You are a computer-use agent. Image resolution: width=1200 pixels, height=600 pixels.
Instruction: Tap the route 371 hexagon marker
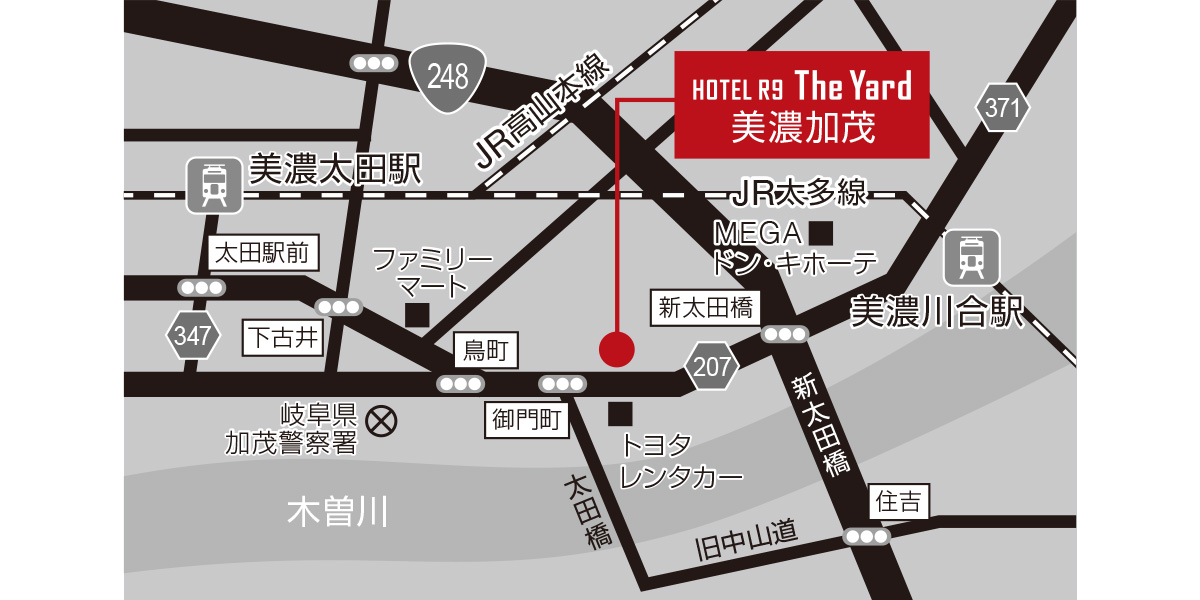coord(1001,109)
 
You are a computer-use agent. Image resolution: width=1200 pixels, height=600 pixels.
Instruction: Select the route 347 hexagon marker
coord(192,336)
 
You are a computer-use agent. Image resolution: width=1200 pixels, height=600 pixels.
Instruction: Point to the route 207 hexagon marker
coord(712,366)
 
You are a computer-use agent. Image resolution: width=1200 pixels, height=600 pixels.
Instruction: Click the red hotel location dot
coord(617,348)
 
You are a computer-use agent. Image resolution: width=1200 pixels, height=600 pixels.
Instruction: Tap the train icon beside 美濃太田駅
coord(213,185)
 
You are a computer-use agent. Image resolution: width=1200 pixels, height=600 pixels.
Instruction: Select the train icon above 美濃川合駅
coord(970,257)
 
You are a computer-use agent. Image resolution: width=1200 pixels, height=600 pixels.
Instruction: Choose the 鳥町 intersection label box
coord(487,350)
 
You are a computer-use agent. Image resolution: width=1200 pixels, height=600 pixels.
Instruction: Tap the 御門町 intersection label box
coord(527,420)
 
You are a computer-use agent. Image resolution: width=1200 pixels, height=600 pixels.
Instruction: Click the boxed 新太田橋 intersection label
coord(706,308)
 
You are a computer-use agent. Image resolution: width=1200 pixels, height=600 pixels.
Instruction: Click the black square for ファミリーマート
coord(417,315)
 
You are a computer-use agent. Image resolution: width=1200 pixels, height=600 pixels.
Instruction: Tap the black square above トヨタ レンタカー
coord(620,413)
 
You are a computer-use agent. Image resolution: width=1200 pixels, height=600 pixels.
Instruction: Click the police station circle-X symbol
coord(380,421)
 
